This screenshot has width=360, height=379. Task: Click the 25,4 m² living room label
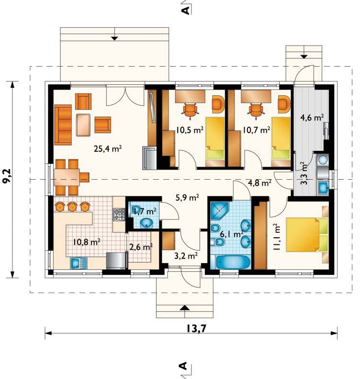pos(107,149)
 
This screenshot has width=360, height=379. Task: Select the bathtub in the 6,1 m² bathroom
pos(233,262)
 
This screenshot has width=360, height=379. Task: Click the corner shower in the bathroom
pos(219,211)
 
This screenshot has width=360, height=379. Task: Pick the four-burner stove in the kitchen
pos(119,214)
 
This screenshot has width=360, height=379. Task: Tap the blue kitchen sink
pos(79,263)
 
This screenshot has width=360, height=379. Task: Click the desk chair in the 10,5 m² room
pos(190,111)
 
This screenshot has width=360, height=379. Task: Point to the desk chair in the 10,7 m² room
pos(256,111)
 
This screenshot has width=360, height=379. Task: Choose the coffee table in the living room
pos(83,125)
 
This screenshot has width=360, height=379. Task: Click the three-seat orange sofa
pos(63,125)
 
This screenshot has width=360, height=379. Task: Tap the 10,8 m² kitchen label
pos(87,241)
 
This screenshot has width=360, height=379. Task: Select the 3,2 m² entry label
pos(186,255)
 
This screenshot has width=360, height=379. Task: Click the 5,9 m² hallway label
pos(187,197)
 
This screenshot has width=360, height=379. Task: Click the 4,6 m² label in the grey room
pos(312,118)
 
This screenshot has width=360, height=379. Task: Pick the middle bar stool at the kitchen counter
pos(72,207)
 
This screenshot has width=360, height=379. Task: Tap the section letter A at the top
pos(186,11)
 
